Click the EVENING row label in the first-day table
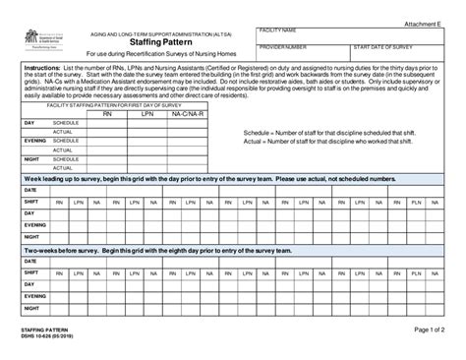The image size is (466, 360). [x=35, y=140]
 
